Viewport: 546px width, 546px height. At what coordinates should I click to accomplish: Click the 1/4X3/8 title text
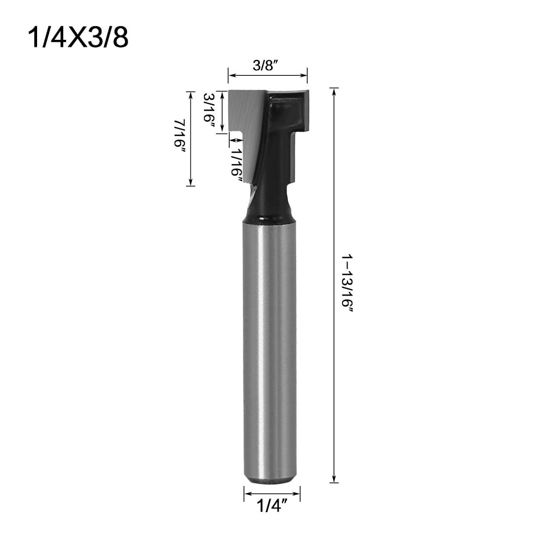[77, 37]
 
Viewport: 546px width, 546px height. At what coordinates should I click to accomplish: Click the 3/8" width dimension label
[267, 65]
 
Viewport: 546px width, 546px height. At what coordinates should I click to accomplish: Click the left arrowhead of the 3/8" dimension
[230, 75]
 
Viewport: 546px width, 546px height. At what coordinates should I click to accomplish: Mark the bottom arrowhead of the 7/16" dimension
[190, 183]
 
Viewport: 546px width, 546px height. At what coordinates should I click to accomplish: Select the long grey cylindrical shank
[269, 349]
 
